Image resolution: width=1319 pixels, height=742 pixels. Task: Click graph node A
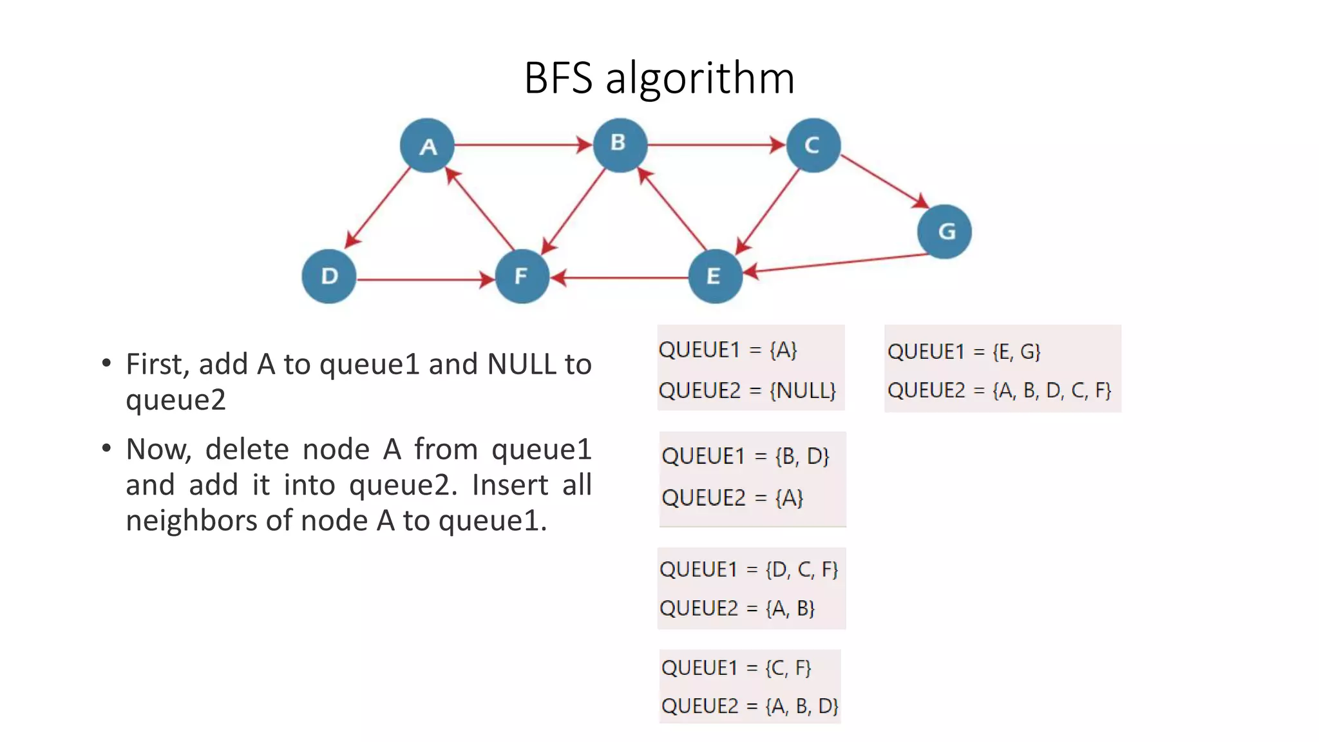tap(427, 146)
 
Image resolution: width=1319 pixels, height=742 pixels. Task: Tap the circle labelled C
tap(813, 145)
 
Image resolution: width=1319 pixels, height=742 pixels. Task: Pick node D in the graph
tap(329, 276)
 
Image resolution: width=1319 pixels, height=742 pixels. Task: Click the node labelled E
tap(715, 276)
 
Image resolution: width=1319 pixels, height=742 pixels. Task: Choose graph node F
tap(522, 276)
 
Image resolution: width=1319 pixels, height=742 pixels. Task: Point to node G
tap(944, 231)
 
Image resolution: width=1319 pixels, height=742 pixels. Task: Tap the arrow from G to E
tap(837, 263)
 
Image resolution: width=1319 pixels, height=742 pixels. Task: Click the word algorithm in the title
tap(700, 79)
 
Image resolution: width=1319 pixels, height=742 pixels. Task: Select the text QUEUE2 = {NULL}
tap(747, 390)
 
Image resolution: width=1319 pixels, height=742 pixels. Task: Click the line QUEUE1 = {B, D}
tap(745, 456)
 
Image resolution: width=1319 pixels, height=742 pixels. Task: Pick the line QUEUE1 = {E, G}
tap(963, 352)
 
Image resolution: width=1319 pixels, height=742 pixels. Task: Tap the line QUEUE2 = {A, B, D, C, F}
tap(999, 390)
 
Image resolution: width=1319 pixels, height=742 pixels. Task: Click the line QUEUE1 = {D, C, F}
tap(748, 569)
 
